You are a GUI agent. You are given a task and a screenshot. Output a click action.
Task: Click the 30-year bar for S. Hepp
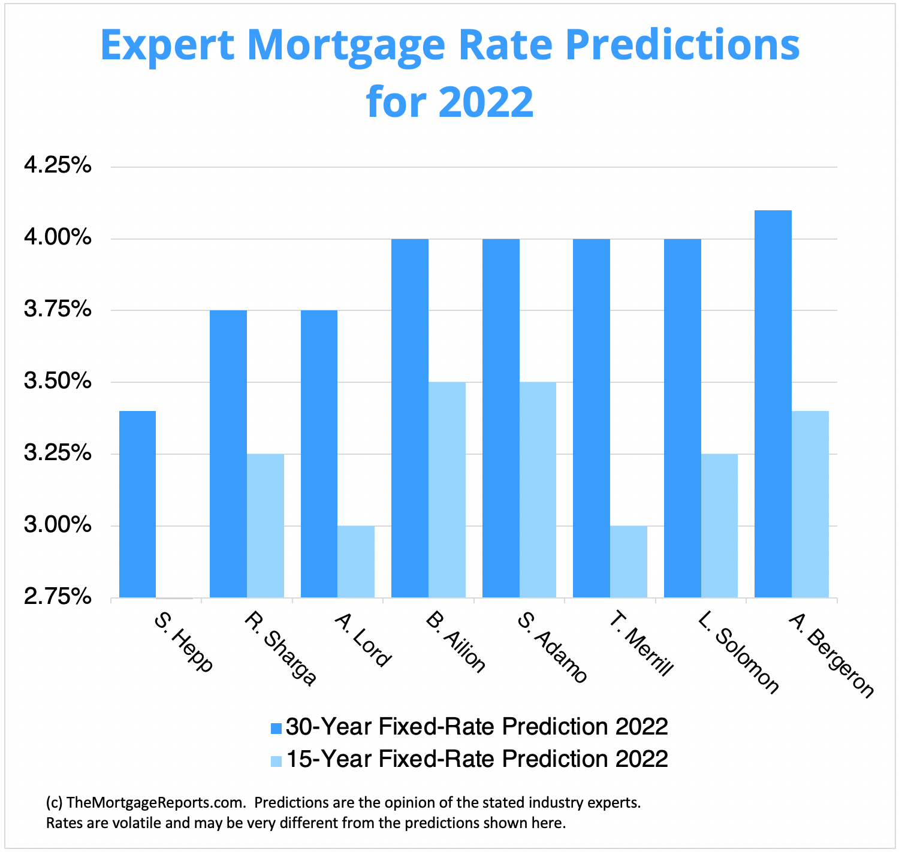[x=137, y=504]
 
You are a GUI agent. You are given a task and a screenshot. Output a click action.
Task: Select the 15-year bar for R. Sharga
[x=266, y=525]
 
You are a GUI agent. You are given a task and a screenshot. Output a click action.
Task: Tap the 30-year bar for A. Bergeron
[x=773, y=404]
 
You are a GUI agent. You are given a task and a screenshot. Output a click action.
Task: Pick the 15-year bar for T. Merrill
[x=629, y=561]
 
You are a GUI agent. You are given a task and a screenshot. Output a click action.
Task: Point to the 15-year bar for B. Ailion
[x=447, y=490]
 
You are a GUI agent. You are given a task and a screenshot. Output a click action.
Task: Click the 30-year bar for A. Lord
[x=319, y=454]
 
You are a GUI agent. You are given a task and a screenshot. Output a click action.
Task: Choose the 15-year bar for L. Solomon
[x=719, y=525]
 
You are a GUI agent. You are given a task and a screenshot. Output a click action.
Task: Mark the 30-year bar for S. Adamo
[x=501, y=418]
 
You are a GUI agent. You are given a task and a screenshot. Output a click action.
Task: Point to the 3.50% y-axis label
[x=58, y=381]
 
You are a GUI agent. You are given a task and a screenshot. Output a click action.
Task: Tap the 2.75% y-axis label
[x=58, y=597]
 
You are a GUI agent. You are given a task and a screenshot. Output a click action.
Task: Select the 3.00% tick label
[x=58, y=525]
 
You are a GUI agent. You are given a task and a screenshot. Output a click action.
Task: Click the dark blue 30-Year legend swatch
[x=276, y=728]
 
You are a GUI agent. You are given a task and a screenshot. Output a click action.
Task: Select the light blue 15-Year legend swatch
[x=276, y=760]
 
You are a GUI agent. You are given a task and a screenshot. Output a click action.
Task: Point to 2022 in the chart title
[x=485, y=102]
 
